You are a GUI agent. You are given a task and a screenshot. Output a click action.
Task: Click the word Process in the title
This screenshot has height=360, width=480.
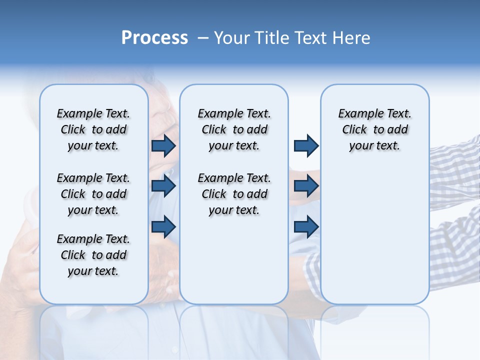154,38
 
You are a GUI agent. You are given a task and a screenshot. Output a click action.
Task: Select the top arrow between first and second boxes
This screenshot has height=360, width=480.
163,145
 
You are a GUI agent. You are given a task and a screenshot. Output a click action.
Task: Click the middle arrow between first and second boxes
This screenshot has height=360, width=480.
163,186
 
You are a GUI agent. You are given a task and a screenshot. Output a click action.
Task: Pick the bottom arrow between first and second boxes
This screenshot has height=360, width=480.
163,226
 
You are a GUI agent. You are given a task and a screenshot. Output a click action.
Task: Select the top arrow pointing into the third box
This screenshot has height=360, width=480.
306,145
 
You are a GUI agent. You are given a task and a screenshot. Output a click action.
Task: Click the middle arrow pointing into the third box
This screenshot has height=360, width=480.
306,186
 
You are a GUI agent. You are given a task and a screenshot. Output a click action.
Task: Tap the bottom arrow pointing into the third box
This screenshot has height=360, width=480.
306,226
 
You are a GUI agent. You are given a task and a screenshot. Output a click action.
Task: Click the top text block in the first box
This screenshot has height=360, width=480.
93,129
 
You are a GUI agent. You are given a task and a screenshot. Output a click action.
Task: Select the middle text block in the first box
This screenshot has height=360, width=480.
93,194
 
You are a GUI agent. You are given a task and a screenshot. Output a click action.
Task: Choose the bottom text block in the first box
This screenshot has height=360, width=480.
93,255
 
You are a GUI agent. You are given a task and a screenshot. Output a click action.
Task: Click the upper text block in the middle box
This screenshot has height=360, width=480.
234,129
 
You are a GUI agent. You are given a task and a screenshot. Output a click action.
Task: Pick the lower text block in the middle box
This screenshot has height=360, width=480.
234,194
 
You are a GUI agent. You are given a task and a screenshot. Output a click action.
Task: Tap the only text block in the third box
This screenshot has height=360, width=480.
375,129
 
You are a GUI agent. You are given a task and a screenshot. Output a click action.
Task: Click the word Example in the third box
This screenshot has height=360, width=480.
357,113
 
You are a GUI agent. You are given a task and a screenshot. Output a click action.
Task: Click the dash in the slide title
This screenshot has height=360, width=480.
203,38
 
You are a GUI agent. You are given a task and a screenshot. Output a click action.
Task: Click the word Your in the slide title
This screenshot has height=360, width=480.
231,38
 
